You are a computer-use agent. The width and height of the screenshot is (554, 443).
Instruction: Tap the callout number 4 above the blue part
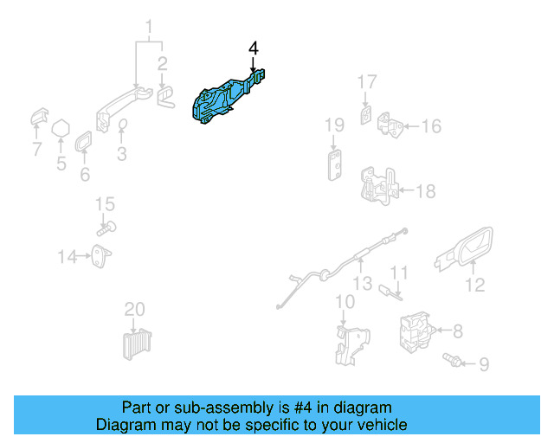point(253,48)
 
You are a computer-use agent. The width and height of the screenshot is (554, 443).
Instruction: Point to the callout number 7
point(36,150)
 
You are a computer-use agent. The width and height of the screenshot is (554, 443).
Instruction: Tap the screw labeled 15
point(106,228)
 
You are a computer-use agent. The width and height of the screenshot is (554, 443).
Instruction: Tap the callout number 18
point(428,191)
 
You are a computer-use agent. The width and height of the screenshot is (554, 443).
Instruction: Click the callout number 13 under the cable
point(362,283)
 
